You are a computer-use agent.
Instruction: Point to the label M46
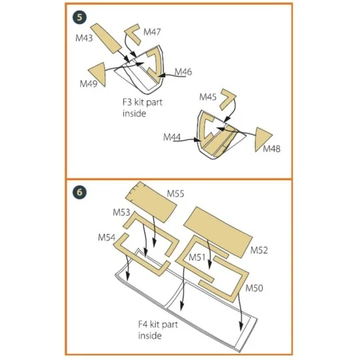coord(183,71)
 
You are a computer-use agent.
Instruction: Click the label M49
coord(89,84)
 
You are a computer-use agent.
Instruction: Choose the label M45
coord(208,97)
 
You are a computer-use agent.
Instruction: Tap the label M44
coord(173,137)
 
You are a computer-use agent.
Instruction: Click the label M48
coord(271,148)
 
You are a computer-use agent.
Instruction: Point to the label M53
coord(122,212)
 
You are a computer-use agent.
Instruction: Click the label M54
coord(107,237)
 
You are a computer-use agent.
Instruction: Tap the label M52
coord(259,250)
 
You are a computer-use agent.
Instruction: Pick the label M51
coord(196,257)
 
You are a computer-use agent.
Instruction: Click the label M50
coord(255,289)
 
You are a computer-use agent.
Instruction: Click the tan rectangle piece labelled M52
coord(218,231)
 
